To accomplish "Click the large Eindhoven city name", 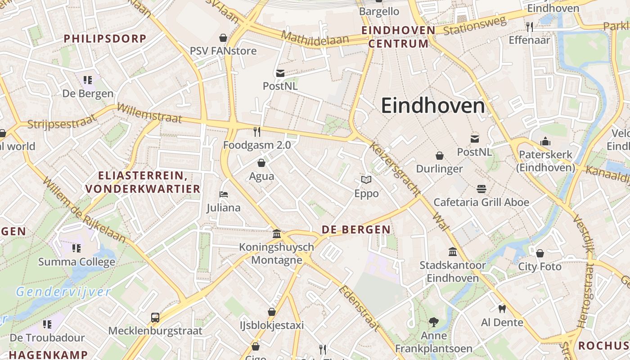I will point(433,106).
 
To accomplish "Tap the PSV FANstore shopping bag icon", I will point(223,37).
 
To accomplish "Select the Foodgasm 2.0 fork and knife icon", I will point(257,131).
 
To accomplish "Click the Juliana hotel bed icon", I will point(224,194).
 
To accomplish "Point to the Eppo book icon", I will point(366,180).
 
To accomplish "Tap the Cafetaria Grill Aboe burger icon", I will point(481,189).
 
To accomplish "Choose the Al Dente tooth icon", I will point(502,309).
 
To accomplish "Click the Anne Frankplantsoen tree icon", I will point(434,322).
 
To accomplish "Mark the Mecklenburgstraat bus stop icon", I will point(155,317).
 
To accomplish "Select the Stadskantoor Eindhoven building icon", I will point(453,252).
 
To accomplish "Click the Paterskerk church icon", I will point(545,141).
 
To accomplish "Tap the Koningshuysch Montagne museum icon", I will point(277,234).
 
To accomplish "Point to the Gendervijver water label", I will point(63,292).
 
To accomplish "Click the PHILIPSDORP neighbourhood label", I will point(105,39).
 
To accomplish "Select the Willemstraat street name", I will point(149,113).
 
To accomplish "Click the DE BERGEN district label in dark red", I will point(356,229).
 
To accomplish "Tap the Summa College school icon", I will point(76,248).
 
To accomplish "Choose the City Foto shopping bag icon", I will point(540,253).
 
